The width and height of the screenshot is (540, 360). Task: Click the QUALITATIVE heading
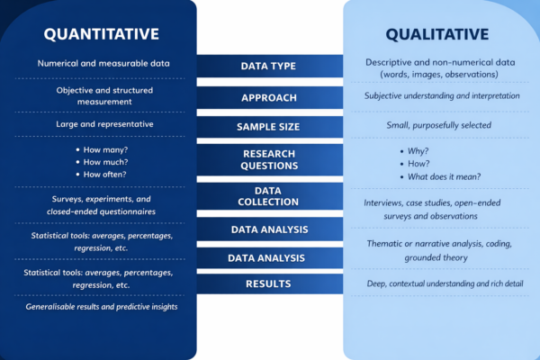437,35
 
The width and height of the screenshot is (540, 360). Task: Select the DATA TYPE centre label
268,67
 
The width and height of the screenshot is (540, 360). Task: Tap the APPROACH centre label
268,97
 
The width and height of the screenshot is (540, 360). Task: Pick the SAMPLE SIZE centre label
268,128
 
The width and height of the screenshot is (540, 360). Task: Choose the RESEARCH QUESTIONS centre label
268,160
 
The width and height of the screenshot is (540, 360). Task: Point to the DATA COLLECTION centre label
268,196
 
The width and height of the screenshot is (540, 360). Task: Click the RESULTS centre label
268,284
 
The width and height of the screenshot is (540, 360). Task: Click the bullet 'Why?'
416,151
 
